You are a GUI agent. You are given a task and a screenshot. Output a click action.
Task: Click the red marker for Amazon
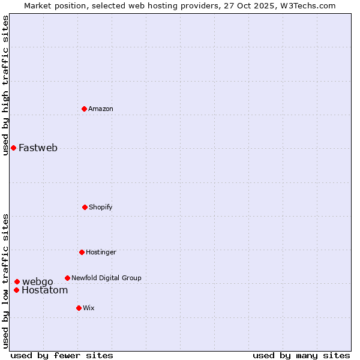point(85,109)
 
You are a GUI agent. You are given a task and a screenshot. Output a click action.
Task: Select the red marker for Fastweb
point(13,148)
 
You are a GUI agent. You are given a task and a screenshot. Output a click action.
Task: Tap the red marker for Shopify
point(85,207)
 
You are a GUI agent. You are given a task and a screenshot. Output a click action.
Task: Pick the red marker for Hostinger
point(82,252)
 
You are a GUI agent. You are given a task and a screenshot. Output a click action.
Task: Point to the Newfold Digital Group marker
point(67,278)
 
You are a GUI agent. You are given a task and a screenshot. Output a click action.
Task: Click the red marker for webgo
point(17,281)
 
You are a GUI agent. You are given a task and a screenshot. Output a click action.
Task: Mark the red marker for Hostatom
point(16,290)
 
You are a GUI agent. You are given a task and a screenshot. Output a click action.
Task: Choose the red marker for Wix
point(79,308)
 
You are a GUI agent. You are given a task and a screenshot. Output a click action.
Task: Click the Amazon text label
point(101,109)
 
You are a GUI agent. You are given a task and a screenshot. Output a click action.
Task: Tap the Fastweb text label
point(38,148)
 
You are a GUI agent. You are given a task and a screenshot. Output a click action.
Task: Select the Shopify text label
point(101,207)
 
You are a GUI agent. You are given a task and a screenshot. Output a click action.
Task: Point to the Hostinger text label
point(101,252)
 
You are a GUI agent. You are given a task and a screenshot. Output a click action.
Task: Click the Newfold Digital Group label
point(106,278)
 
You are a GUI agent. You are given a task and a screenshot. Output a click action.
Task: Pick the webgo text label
point(38,281)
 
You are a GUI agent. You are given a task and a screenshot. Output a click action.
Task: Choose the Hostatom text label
point(45,290)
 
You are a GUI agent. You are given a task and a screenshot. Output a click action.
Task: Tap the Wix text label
point(89,308)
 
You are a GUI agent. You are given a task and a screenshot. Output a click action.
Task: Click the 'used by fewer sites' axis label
point(62,355)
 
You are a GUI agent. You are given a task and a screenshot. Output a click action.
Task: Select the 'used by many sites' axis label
point(301,355)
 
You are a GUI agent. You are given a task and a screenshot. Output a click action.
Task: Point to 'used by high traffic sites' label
point(5,85)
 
